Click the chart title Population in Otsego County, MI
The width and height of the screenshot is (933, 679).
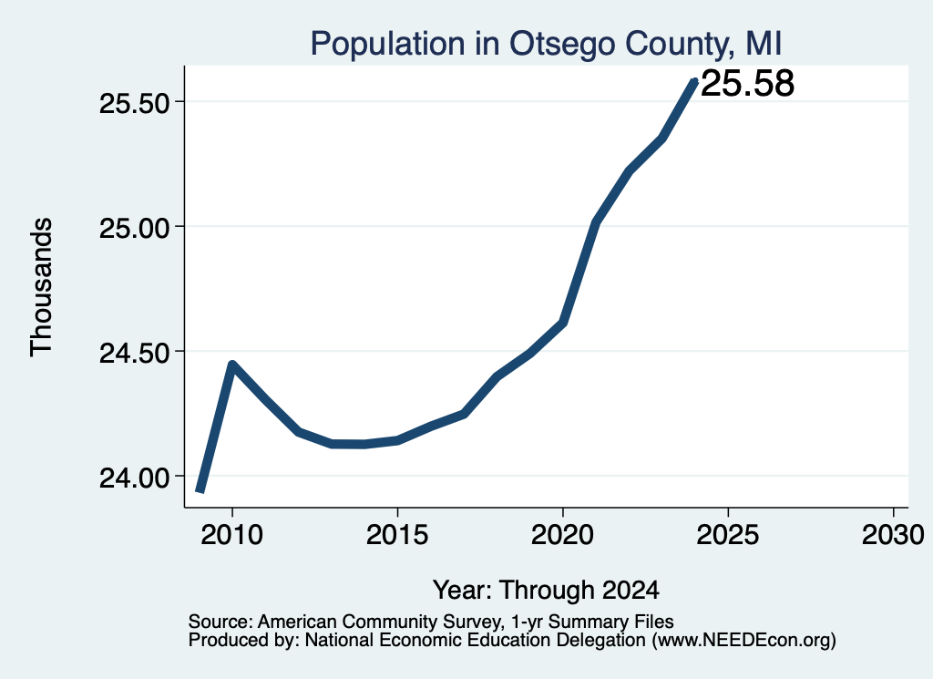(546, 44)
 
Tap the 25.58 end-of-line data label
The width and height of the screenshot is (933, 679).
(747, 83)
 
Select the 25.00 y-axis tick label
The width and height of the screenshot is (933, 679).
(135, 229)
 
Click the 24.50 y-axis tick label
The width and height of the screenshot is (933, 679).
(135, 354)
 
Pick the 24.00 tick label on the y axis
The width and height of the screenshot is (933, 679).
(135, 478)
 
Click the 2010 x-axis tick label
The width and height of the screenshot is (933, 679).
(231, 534)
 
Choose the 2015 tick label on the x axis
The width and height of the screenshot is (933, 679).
(397, 534)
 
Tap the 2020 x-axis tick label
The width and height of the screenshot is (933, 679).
(562, 534)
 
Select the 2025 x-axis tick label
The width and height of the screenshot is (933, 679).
(728, 534)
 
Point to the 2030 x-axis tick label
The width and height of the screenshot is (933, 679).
(893, 534)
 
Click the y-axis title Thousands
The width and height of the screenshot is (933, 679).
(42, 287)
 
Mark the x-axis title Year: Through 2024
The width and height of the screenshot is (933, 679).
(546, 591)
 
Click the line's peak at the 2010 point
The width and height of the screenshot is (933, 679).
(232, 365)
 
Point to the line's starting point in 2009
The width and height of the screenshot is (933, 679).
(200, 491)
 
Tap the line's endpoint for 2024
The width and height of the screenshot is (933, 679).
(693, 81)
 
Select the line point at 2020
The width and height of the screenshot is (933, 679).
(562, 324)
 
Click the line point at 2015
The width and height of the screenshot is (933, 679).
(397, 440)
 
